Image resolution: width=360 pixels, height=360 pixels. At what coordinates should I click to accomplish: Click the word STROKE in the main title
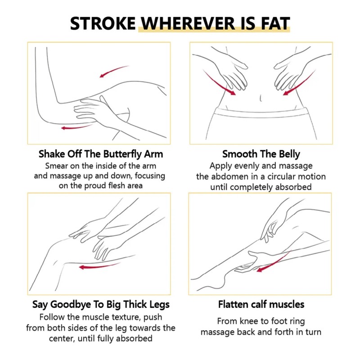(x=103, y=23)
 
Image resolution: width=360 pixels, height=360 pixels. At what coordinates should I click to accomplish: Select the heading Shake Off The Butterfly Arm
(x=100, y=154)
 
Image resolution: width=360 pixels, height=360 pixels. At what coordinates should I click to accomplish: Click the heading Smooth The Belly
(x=261, y=154)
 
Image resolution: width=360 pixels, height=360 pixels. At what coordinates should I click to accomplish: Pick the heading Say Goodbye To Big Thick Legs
(x=101, y=305)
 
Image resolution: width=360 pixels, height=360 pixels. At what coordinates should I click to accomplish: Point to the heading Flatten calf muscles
(x=261, y=305)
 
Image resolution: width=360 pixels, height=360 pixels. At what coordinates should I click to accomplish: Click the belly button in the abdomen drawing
(x=261, y=98)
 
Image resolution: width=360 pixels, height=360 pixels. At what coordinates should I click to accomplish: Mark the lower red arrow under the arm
(x=76, y=127)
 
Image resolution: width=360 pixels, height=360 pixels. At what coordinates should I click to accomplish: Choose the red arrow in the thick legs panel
(x=99, y=266)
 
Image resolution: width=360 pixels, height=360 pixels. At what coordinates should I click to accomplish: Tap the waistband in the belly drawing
(x=261, y=112)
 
